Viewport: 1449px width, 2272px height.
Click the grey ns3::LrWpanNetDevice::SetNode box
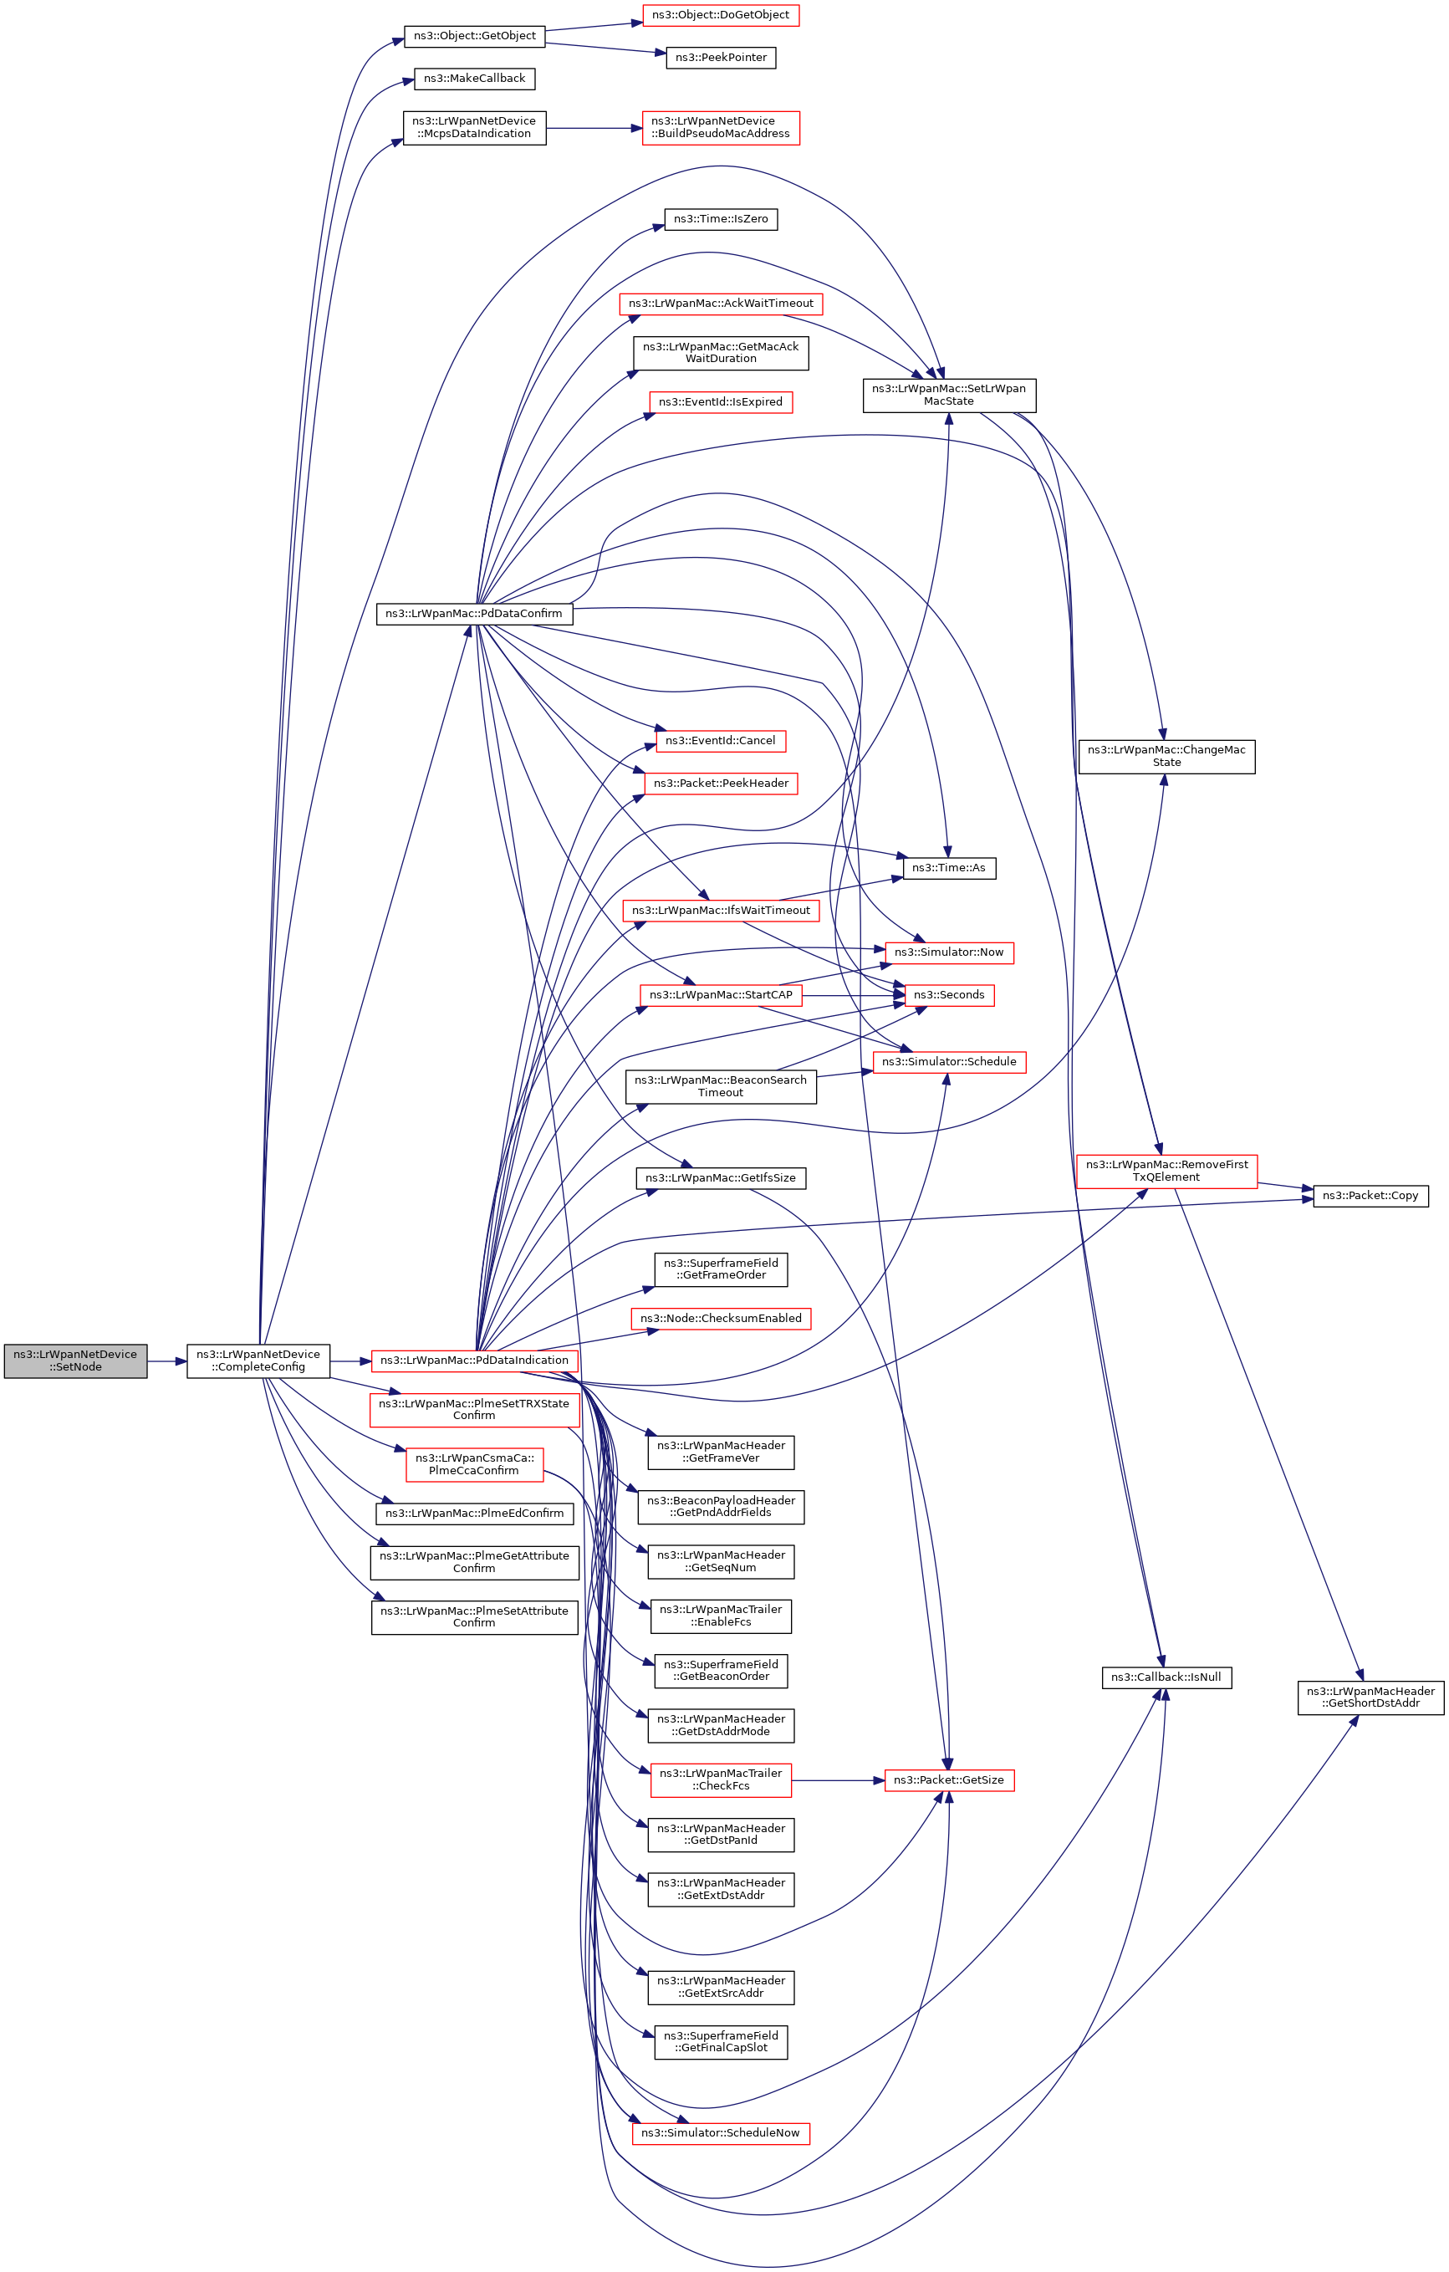[x=75, y=1360]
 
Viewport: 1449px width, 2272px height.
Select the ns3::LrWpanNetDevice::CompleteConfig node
[x=258, y=1360]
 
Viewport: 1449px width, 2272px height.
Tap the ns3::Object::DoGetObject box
[x=721, y=15]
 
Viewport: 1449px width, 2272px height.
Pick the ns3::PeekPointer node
[x=721, y=58]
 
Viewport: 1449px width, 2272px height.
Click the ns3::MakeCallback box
[x=475, y=79]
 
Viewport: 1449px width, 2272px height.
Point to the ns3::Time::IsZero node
[x=721, y=219]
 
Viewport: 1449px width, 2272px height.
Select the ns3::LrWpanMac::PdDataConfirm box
[x=473, y=613]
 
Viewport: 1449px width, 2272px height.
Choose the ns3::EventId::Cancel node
[x=721, y=741]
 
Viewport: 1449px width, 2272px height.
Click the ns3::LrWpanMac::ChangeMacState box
[x=1166, y=756]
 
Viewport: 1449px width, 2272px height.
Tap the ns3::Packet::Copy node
[x=1370, y=1196]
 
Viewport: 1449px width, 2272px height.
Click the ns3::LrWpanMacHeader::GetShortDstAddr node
[x=1370, y=1697]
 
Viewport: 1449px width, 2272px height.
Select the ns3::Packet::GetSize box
[x=949, y=1779]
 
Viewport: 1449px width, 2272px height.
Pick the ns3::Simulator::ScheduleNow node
[x=721, y=2132]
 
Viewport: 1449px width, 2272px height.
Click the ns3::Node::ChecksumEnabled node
[x=721, y=1318]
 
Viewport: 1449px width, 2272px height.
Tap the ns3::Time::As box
[x=949, y=868]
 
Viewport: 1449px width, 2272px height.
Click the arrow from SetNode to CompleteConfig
[x=167, y=1361]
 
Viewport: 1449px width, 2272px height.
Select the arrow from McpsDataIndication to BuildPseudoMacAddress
[x=594, y=128]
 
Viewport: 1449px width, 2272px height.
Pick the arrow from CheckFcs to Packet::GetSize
[x=838, y=1780]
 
